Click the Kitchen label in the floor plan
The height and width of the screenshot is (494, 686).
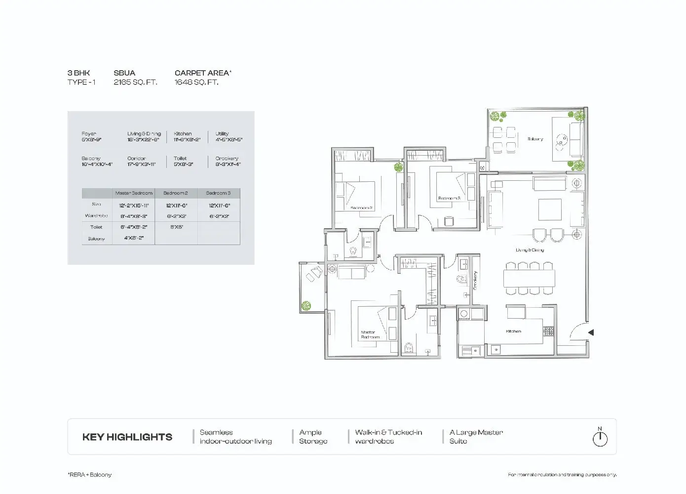coord(513,331)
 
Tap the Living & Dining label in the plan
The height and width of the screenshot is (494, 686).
coord(530,250)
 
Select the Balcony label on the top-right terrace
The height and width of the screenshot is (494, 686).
coord(535,139)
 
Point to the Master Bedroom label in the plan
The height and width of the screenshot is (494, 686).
coord(370,334)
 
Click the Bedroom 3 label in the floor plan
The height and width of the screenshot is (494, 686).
coord(449,198)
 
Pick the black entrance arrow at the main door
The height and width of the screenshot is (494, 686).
coord(591,332)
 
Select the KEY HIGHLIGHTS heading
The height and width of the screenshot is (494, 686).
coord(127,437)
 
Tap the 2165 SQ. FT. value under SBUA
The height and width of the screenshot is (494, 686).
coord(135,82)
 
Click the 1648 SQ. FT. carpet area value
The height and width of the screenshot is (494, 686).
coord(196,82)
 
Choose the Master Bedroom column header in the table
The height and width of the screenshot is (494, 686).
coord(134,193)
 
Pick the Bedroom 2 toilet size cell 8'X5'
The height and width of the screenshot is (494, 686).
coord(176,227)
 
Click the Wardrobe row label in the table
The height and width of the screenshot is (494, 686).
coord(96,216)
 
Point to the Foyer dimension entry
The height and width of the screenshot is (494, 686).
coord(91,137)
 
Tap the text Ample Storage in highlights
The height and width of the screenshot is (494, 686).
coord(313,437)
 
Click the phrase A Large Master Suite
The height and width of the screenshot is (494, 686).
coord(476,437)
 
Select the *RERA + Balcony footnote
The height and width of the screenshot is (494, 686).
coord(89,475)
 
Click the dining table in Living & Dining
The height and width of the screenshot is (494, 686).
coord(529,279)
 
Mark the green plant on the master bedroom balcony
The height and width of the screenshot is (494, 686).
coord(306,306)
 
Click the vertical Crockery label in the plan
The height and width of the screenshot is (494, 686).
coord(475,280)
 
